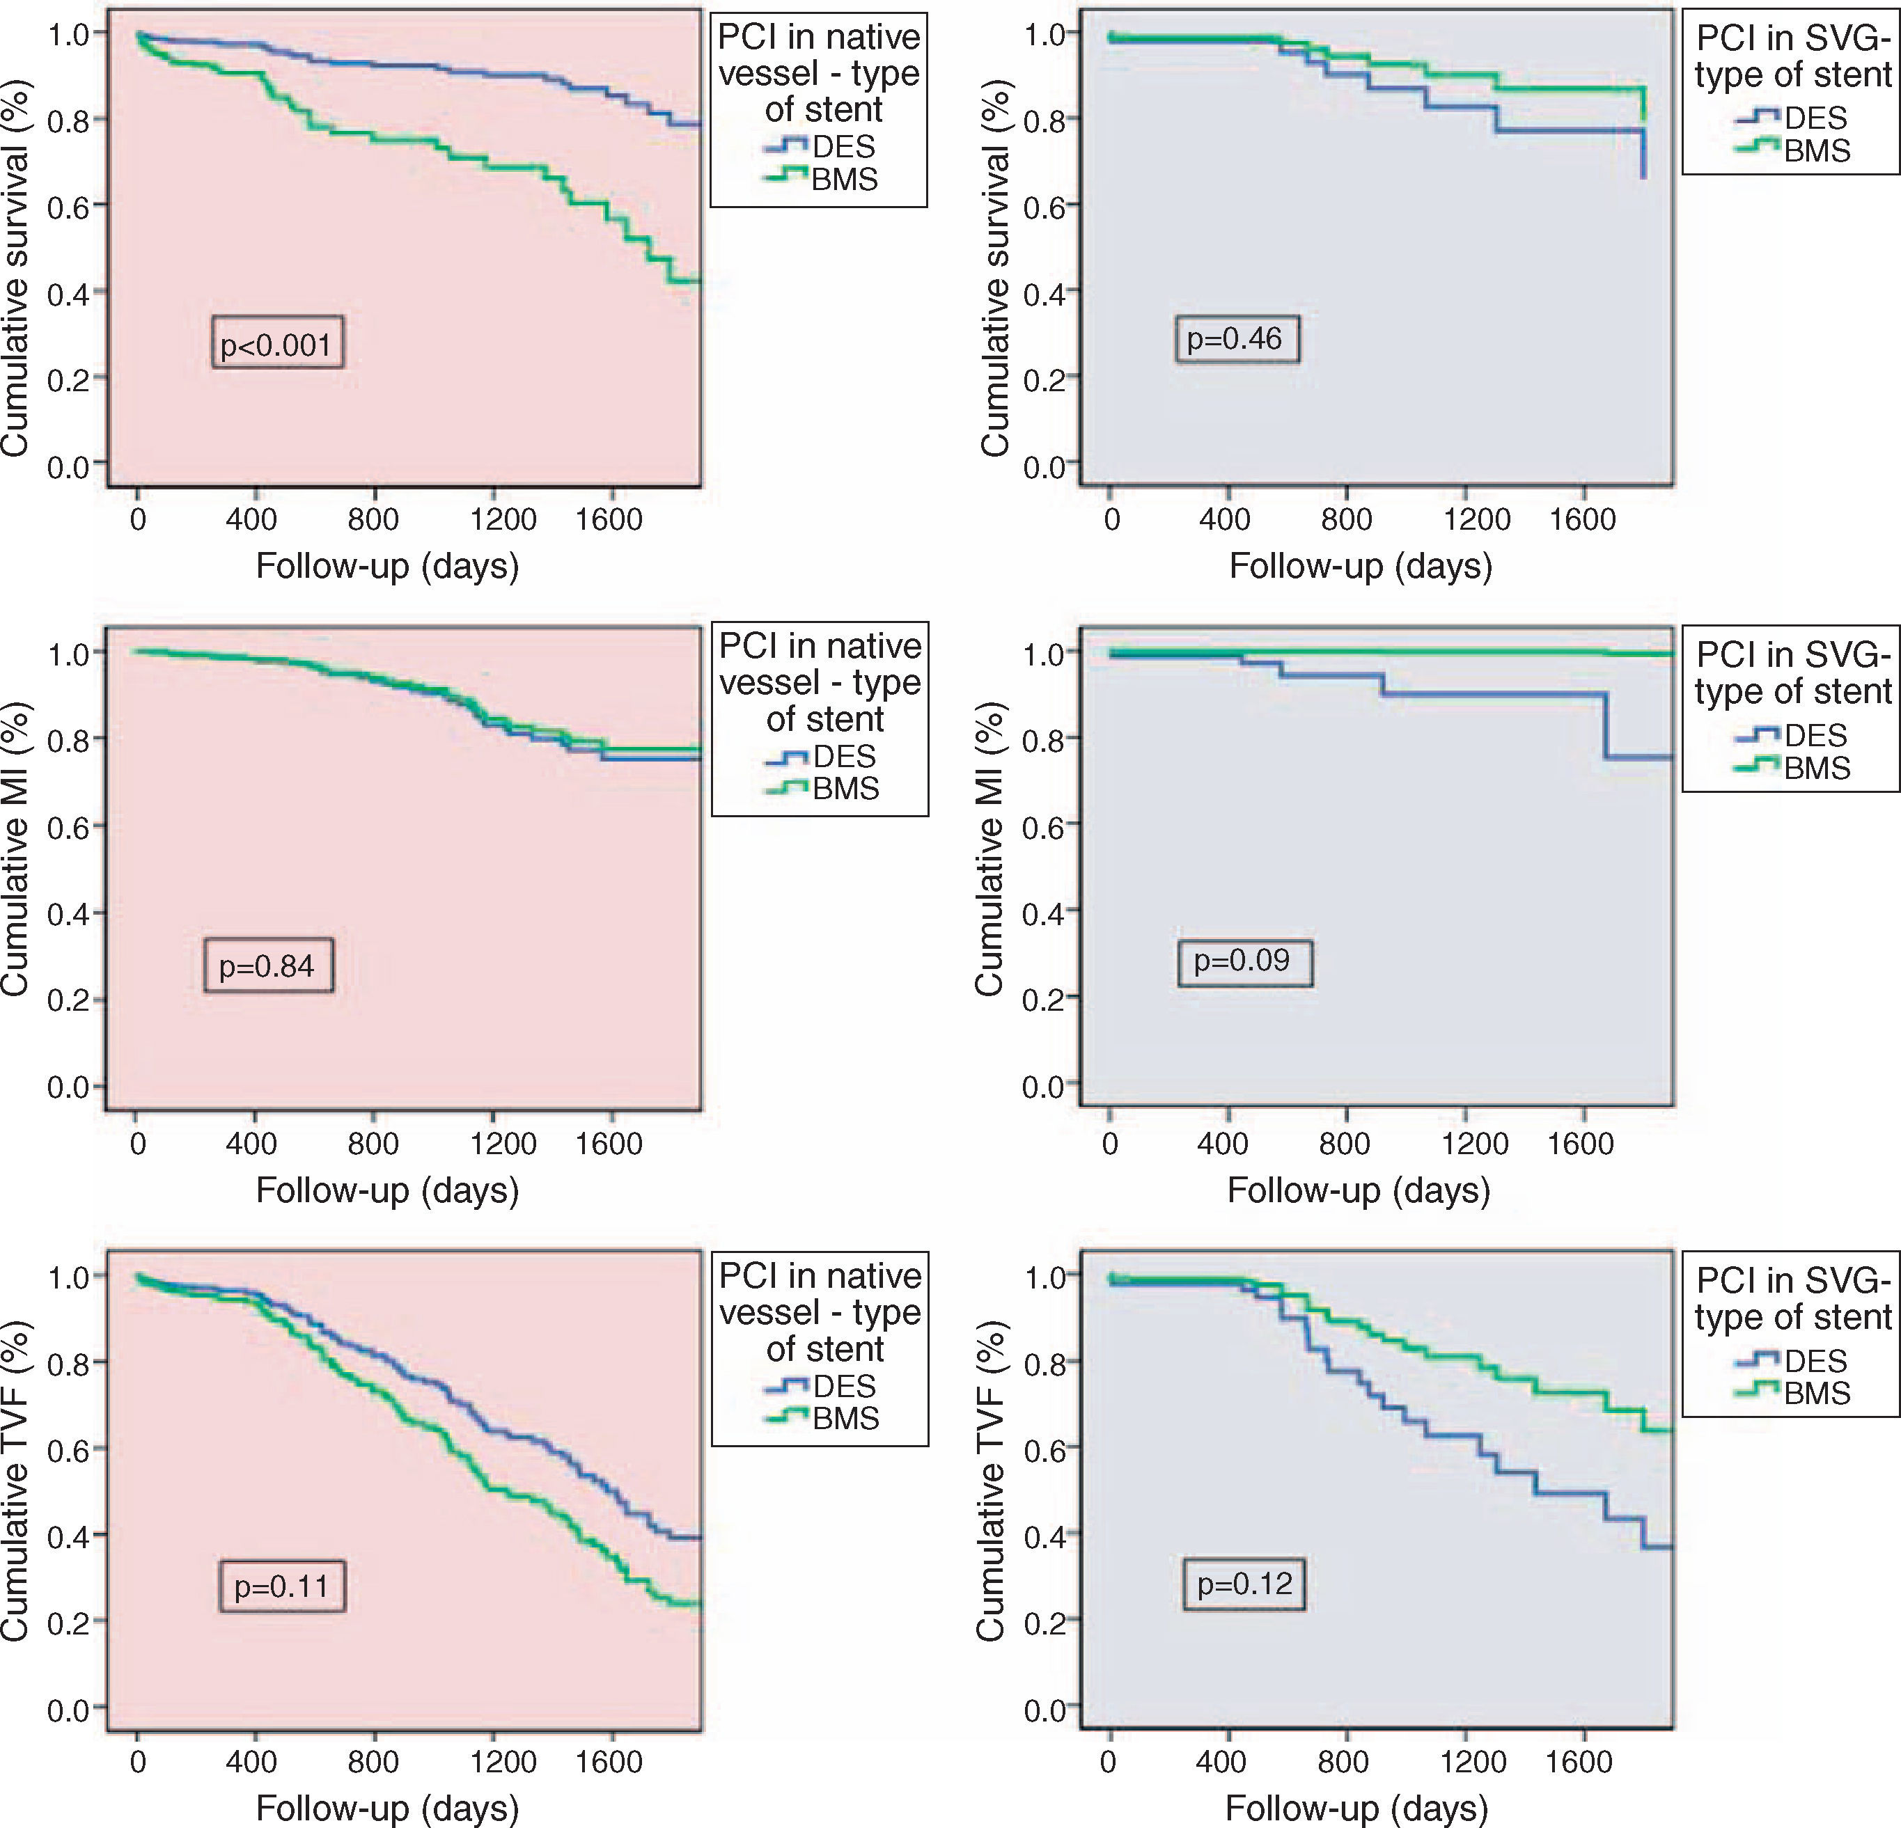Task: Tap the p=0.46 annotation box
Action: point(1235,338)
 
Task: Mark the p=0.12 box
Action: point(1244,1584)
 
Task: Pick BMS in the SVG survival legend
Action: point(1817,151)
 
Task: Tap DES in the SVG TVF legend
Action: point(1815,1361)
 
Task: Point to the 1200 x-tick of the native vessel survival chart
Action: point(503,520)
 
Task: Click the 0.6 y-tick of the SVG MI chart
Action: point(1044,826)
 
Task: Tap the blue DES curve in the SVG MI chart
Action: point(1494,694)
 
